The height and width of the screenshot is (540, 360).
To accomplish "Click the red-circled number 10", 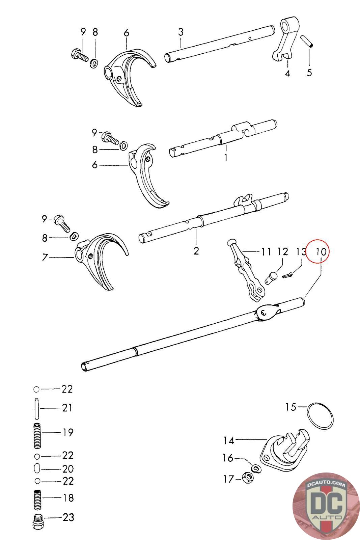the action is tap(321, 251).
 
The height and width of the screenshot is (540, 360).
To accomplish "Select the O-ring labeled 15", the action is tap(321, 416).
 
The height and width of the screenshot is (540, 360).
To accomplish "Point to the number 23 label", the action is tap(68, 517).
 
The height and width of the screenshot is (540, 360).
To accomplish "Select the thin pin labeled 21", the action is tap(37, 408).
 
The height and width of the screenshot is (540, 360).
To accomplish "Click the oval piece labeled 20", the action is tap(37, 469).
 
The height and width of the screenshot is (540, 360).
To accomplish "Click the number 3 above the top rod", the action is tap(181, 32).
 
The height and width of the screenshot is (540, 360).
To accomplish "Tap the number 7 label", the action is tap(45, 258).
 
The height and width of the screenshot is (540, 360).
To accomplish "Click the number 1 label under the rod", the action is tap(225, 157).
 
